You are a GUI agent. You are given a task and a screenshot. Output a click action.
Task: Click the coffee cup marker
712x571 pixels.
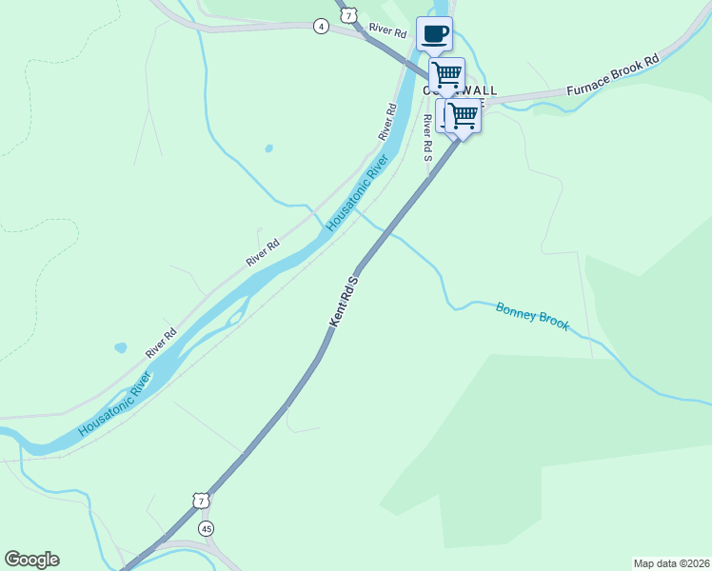[x=434, y=34]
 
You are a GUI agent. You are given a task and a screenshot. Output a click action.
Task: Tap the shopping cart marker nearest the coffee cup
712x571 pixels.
[x=446, y=74]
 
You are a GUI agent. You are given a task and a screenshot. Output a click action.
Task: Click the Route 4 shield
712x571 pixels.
[x=322, y=26]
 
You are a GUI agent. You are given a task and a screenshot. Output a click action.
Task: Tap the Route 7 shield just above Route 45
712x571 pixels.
[x=198, y=501]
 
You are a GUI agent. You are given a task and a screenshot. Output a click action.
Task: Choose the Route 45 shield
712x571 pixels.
[x=207, y=527]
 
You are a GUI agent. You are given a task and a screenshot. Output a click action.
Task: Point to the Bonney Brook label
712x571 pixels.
[x=532, y=316]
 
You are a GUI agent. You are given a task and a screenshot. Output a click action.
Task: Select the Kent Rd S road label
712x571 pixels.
[x=343, y=302]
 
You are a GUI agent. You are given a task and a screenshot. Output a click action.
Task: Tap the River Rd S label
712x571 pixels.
[x=427, y=139]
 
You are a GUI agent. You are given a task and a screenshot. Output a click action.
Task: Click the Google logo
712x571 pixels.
[x=31, y=560]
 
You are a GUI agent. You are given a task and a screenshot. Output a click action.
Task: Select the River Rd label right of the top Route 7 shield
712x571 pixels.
[x=388, y=32]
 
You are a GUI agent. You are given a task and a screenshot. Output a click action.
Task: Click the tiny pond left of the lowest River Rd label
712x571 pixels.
[x=120, y=348]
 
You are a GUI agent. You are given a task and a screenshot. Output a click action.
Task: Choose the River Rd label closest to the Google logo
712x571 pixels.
[x=161, y=344]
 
